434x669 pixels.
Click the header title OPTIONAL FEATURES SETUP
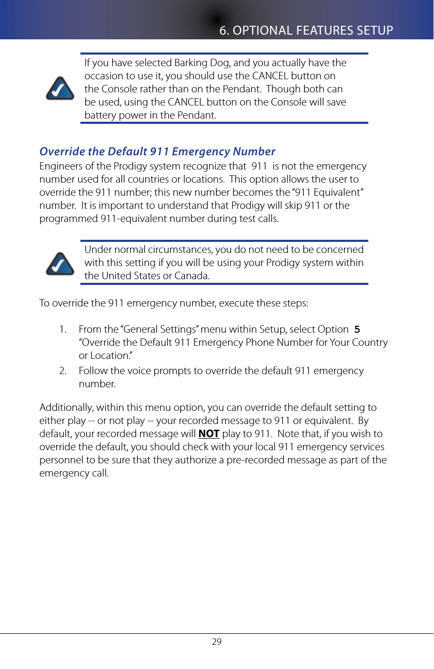point(306,30)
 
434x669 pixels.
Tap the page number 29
point(216,642)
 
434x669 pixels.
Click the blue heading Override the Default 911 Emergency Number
point(158,152)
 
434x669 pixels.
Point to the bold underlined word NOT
point(209,434)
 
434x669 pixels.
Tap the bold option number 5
point(357,330)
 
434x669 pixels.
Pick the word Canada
point(192,275)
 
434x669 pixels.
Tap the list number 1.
point(63,330)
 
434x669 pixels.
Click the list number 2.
point(63,371)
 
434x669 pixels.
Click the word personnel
point(59,460)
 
